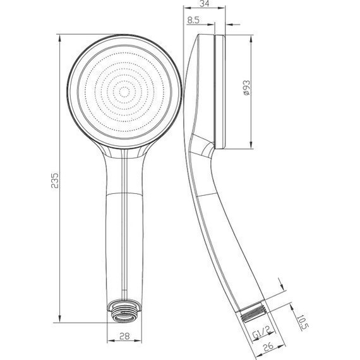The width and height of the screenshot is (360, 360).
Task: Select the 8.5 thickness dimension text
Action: click(195, 21)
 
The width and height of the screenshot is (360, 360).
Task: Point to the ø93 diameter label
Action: click(246, 88)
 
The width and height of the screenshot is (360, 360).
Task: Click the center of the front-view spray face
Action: click(124, 92)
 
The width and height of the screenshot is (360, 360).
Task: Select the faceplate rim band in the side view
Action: click(220, 92)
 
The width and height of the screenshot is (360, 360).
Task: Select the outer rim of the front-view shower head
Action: click(68, 92)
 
